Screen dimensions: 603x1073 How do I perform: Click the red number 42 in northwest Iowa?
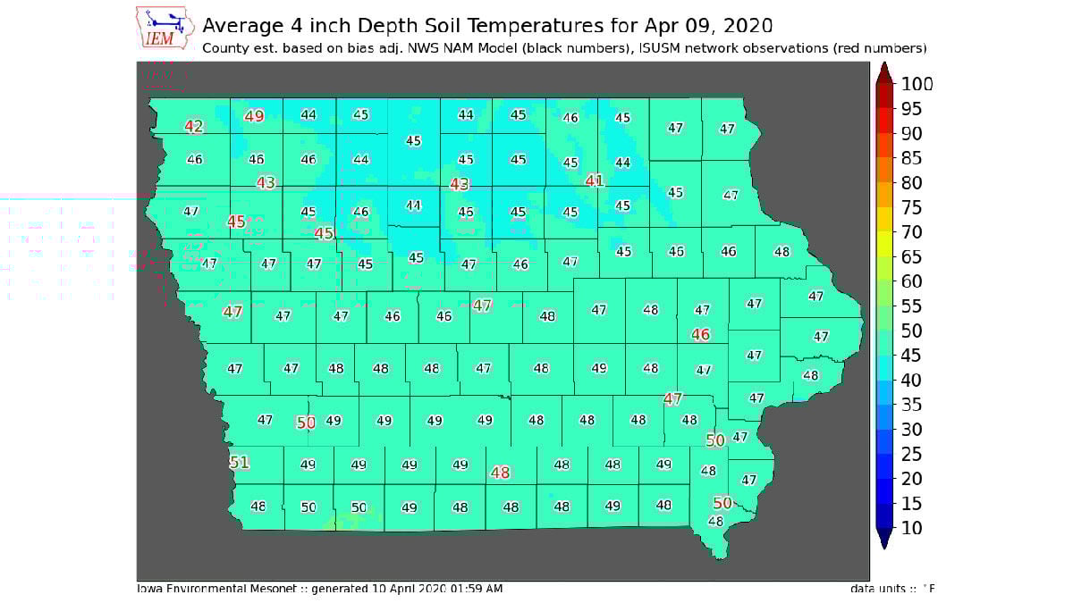point(194,126)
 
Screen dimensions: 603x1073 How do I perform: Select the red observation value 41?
point(595,180)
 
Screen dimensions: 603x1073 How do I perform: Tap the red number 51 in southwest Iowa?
point(239,463)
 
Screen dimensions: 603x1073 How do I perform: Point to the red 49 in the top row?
point(255,115)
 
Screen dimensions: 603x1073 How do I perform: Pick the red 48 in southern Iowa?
point(501,473)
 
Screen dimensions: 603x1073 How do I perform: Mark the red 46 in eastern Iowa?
point(701,334)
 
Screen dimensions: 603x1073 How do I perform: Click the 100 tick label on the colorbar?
point(916,84)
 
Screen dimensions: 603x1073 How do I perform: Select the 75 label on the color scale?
point(911,207)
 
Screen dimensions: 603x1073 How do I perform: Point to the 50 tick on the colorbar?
point(911,331)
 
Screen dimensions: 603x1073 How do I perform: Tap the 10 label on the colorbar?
point(911,528)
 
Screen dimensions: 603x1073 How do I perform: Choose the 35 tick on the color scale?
point(911,405)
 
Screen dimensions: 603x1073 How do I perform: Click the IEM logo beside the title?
point(165,28)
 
